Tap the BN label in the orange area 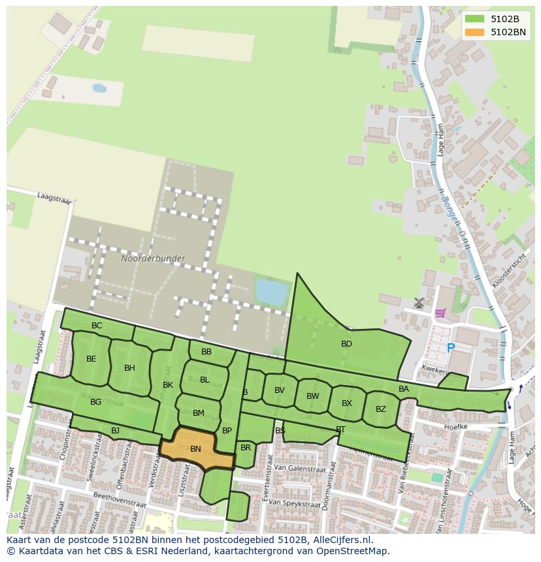(x=195, y=449)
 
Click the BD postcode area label (x=346, y=344)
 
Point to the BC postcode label (x=97, y=326)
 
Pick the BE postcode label (x=91, y=359)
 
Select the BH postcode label (x=129, y=368)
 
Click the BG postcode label (x=95, y=402)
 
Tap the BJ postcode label (x=115, y=431)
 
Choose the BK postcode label (x=168, y=385)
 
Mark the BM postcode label (x=199, y=413)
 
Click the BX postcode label (x=346, y=403)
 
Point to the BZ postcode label (x=380, y=409)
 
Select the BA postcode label (x=404, y=389)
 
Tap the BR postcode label (x=245, y=448)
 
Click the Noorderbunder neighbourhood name (x=153, y=258)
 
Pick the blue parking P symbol (x=450, y=349)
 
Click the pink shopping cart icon (x=440, y=313)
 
